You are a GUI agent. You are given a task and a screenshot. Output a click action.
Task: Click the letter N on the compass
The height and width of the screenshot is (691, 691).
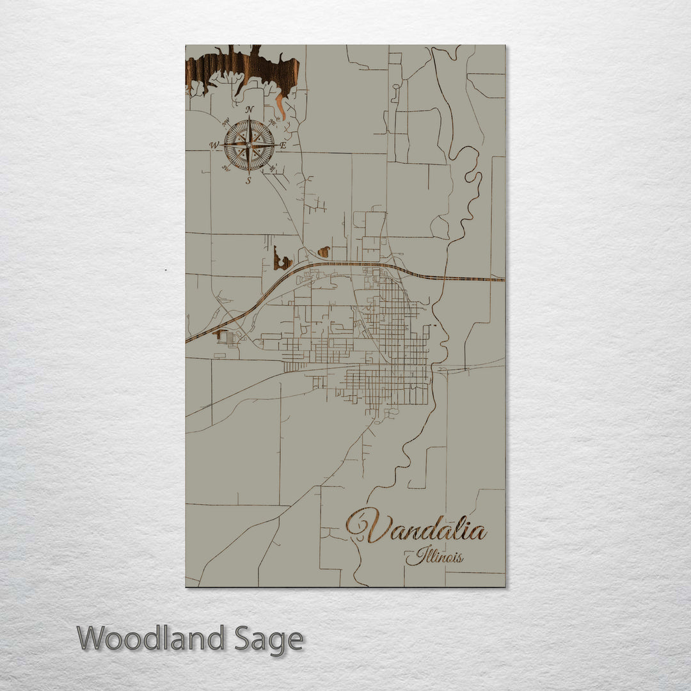pyautogui.click(x=250, y=109)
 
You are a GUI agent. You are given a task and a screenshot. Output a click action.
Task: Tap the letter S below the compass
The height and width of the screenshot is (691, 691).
pyautogui.click(x=249, y=181)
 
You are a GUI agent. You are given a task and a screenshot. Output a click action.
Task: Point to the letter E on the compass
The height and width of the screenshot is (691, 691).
pyautogui.click(x=283, y=146)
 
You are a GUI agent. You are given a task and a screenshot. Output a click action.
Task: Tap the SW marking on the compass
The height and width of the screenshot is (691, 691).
pyautogui.click(x=225, y=169)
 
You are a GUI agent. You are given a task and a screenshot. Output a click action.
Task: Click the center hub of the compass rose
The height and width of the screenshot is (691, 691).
pyautogui.click(x=249, y=145)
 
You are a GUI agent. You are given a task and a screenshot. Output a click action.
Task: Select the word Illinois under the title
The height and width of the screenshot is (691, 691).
pyautogui.click(x=435, y=556)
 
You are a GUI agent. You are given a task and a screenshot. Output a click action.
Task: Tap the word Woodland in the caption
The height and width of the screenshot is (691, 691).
pyautogui.click(x=151, y=639)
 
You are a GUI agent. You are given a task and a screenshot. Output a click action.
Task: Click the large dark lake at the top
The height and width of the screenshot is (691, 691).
pyautogui.click(x=243, y=67)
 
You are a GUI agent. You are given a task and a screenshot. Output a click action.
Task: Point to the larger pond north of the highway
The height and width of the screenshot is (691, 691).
pyautogui.click(x=281, y=260)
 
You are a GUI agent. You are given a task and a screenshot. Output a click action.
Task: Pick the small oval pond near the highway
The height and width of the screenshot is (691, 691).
pyautogui.click(x=324, y=251)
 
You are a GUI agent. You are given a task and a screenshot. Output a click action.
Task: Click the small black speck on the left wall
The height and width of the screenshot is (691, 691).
pyautogui.click(x=165, y=270)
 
